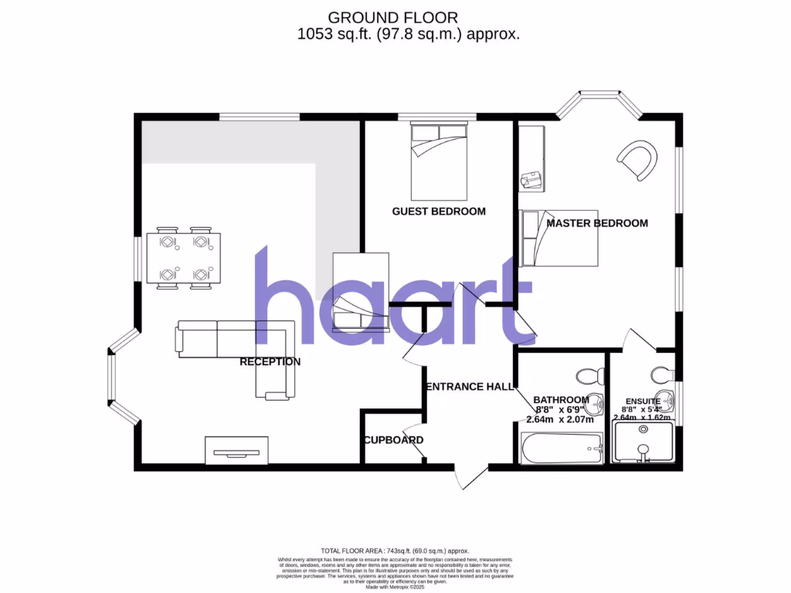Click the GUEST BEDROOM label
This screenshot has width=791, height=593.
pos(439,212)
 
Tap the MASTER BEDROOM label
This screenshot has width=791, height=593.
pos(596,223)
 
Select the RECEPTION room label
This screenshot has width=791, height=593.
pos(270,361)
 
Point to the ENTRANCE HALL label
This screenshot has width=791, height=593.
pos(470,387)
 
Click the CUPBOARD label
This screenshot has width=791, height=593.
pos(393,440)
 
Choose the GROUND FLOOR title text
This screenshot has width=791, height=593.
pos(392,17)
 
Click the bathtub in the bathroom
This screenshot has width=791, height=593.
pos(562,449)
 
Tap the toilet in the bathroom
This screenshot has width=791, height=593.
pos(590,376)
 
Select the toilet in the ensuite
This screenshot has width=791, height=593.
pos(663,374)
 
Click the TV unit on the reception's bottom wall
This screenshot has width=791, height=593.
pos(236,450)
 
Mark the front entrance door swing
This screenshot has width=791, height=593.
pos(470,476)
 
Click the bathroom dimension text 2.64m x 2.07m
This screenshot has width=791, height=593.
pos(559,420)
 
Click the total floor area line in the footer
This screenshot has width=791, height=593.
pos(395,549)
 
